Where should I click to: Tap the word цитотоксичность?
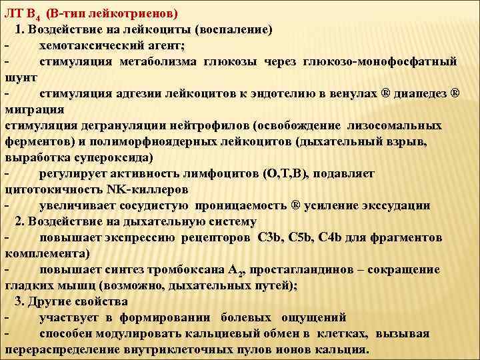[x=46, y=189]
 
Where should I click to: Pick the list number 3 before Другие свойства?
[x=18, y=301]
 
